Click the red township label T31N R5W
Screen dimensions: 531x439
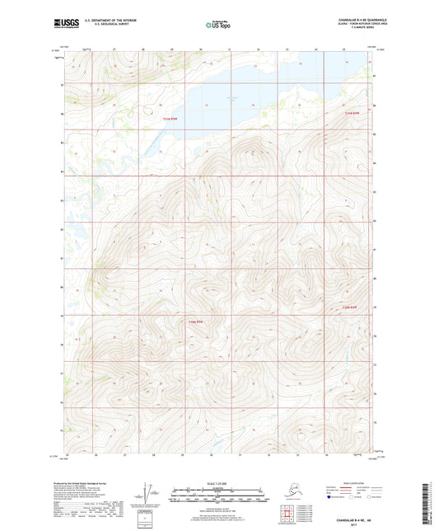[x=169, y=119]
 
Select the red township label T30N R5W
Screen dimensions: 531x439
[x=194, y=321]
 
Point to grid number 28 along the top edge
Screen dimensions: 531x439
[x=143, y=49]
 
